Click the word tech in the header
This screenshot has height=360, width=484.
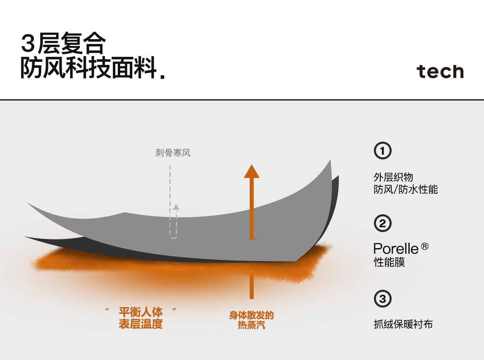[440, 71]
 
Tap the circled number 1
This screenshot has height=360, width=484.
[383, 151]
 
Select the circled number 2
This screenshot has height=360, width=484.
[383, 223]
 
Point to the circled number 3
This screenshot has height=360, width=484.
[383, 299]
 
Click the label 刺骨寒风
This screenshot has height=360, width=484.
[173, 153]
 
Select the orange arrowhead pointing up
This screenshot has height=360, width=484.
[252, 171]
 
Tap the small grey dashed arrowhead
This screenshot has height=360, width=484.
[176, 207]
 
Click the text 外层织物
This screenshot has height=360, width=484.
[393, 177]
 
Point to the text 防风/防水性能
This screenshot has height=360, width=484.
[406, 189]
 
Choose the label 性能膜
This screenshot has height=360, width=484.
[389, 262]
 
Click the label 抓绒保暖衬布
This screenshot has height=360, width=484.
[403, 324]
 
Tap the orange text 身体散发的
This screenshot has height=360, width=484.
[251, 315]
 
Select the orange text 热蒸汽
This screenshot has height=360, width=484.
[251, 325]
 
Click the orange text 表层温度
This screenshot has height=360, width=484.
[141, 324]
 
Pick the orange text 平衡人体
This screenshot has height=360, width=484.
[141, 312]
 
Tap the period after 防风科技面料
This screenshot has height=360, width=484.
[163, 75]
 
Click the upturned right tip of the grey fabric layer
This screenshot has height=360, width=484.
[330, 161]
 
